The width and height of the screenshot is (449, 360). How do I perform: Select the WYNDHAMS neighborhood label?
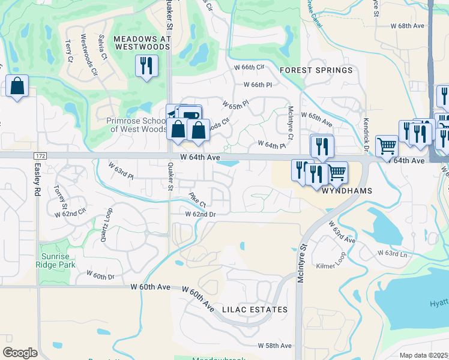pos(348,191)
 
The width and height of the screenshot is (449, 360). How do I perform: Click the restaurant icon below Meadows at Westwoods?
pos(146,65)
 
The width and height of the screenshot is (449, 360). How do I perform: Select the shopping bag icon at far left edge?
pos(17,86)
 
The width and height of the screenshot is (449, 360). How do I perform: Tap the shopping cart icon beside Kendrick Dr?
pos(387,145)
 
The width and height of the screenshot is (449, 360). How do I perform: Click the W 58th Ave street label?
pos(274,346)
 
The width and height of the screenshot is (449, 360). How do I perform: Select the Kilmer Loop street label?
pos(333,265)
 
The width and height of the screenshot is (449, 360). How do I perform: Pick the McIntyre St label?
pos(304,255)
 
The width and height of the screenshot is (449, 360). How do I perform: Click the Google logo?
pos(20,353)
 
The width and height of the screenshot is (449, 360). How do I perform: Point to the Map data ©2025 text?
pos(424,355)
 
